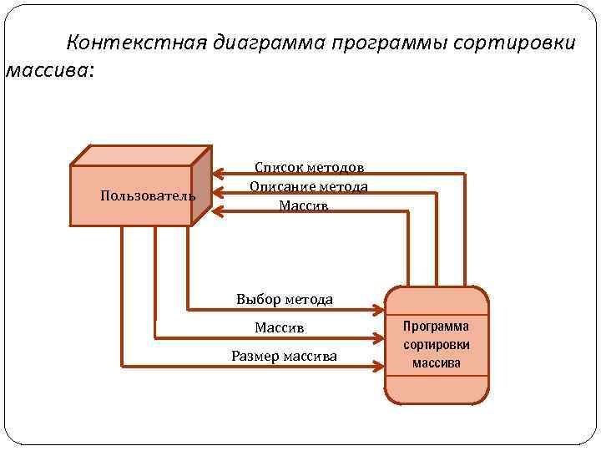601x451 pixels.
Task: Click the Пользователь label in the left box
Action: coord(148,196)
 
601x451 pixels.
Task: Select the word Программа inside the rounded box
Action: coord(436,327)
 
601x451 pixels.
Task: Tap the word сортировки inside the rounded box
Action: coord(436,345)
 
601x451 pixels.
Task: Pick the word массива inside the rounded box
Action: coord(436,363)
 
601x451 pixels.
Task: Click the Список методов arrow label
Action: coord(309,168)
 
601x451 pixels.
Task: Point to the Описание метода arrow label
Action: coord(309,186)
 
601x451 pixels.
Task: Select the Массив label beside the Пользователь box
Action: coord(304,205)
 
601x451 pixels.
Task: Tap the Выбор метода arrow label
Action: coord(285,299)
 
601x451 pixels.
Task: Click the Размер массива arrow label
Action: coord(284,357)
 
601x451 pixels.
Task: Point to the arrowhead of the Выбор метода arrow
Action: coord(377,310)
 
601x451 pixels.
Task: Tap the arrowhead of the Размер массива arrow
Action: coord(377,365)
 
